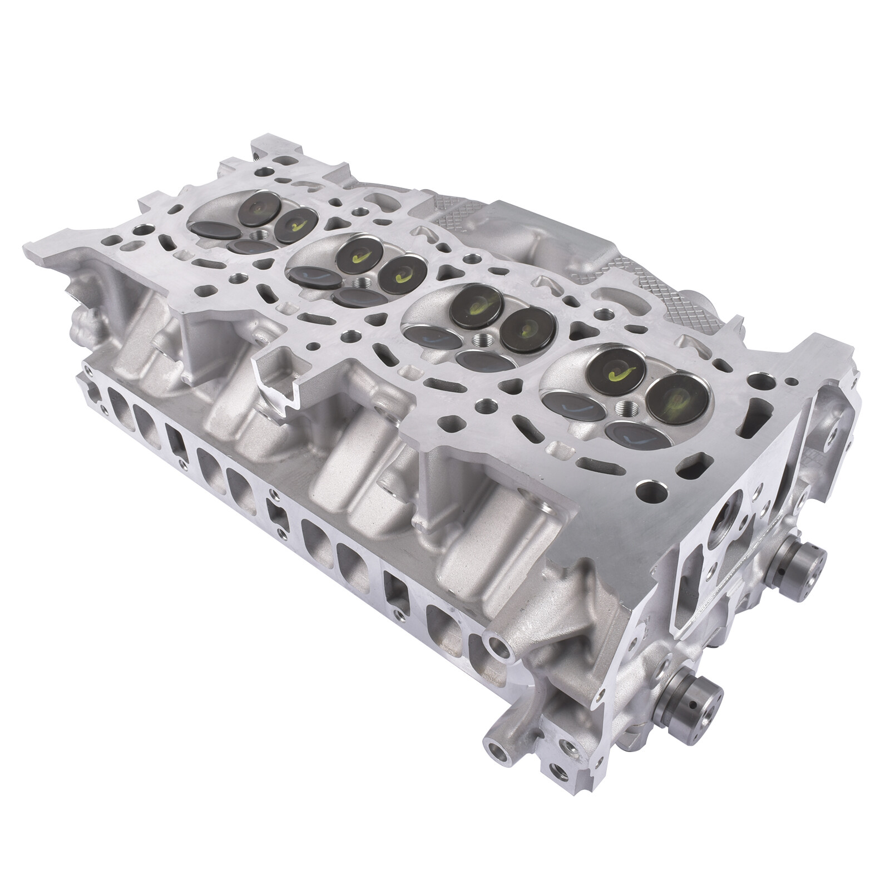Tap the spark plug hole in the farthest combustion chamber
[x=258, y=236]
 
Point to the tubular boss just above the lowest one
[x=498, y=645]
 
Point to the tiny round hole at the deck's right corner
[x=790, y=382]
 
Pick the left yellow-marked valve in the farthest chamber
[x=259, y=209]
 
